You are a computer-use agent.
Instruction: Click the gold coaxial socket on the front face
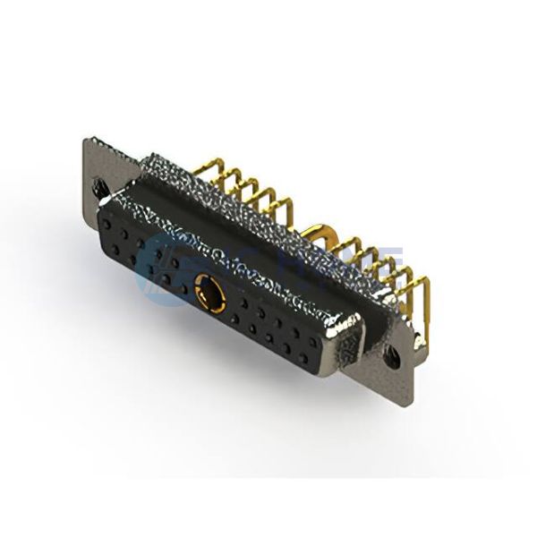207,293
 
